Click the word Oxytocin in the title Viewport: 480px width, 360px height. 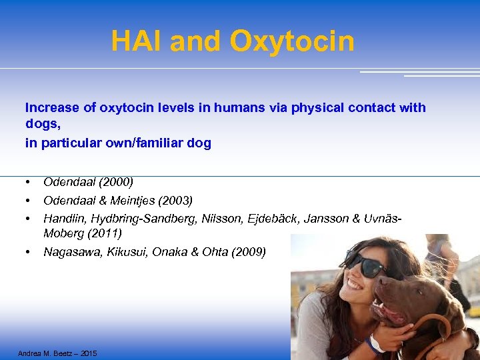(x=292, y=41)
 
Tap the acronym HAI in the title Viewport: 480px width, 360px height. (x=137, y=41)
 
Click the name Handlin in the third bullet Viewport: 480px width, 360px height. (x=63, y=217)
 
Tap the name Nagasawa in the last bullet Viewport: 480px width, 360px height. (x=69, y=251)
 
